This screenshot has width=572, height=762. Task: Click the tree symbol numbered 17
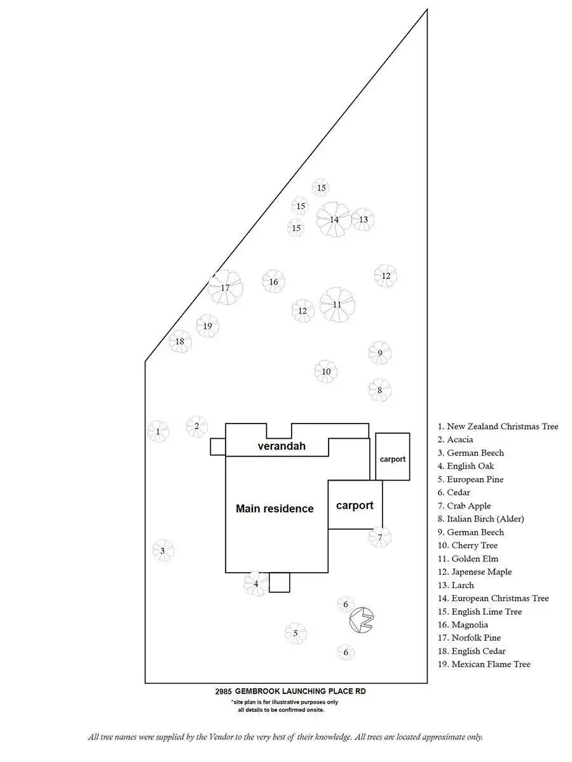pyautogui.click(x=225, y=288)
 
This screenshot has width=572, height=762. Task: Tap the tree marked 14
pyautogui.click(x=334, y=220)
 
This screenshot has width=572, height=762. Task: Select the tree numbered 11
pyautogui.click(x=337, y=305)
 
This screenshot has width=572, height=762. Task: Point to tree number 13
pyautogui.click(x=363, y=220)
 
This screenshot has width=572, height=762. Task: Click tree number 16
pyautogui.click(x=273, y=282)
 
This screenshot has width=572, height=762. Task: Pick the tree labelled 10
pyautogui.click(x=325, y=371)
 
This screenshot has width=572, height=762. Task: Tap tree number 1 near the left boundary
pyautogui.click(x=158, y=432)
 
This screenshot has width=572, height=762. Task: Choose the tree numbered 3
pyautogui.click(x=163, y=551)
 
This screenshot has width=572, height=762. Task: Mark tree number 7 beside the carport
pyautogui.click(x=380, y=537)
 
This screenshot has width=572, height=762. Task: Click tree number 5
pyautogui.click(x=296, y=632)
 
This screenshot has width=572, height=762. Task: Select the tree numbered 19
pyautogui.click(x=207, y=326)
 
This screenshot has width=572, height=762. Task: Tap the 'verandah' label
pyautogui.click(x=282, y=446)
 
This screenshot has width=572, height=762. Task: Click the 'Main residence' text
pyautogui.click(x=275, y=509)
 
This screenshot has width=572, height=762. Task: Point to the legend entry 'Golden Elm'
pyautogui.click(x=475, y=559)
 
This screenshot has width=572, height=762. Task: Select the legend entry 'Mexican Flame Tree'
pyautogui.click(x=491, y=664)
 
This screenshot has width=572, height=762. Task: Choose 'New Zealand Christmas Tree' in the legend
pyautogui.click(x=502, y=427)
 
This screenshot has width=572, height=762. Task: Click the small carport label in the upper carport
pyautogui.click(x=392, y=459)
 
